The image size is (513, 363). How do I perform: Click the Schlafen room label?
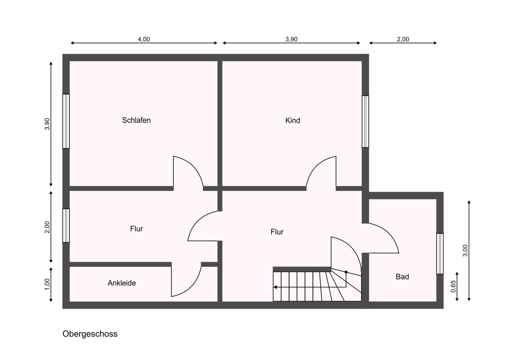(x=136, y=120)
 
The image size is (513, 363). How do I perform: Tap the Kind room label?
(x=292, y=121)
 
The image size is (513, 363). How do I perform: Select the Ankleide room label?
(x=122, y=283)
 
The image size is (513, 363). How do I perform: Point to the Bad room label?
(x=402, y=277)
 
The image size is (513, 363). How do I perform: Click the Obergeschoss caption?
(x=90, y=334)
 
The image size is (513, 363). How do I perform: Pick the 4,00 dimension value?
(x=144, y=39)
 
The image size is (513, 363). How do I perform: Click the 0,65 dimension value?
(x=453, y=286)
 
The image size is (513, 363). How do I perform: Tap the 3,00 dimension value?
(x=465, y=250)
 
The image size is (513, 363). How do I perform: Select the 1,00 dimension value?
(x=47, y=284)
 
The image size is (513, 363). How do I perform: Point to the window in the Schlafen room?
(x=66, y=121)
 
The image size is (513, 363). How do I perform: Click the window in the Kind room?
(x=365, y=122)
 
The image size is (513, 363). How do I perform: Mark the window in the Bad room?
(x=440, y=254)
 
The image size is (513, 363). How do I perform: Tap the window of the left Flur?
(x=66, y=225)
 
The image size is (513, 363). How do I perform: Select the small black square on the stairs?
(x=346, y=272)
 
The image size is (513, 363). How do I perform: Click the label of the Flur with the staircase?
(x=277, y=232)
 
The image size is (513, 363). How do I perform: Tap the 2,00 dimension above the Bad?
(x=403, y=39)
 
